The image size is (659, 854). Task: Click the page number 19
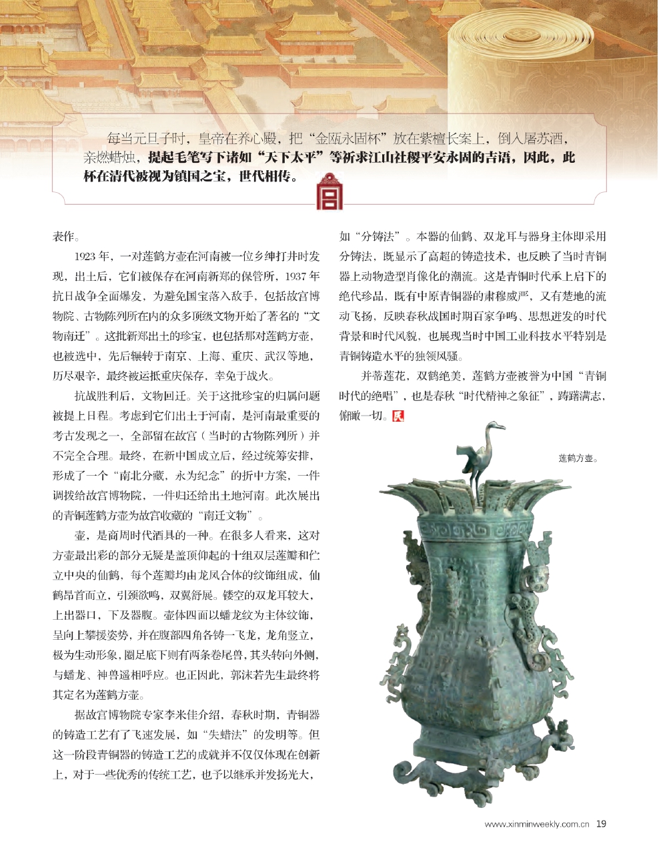point(601,824)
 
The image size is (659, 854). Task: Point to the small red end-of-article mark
point(399,416)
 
